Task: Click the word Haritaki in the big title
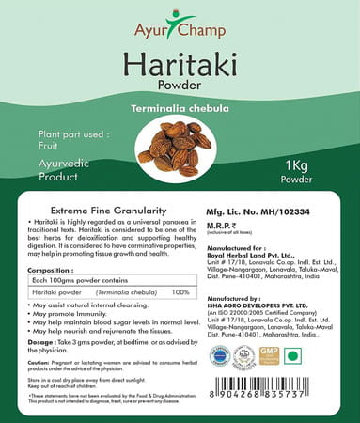(x=180, y=70)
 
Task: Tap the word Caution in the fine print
(x=38, y=363)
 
